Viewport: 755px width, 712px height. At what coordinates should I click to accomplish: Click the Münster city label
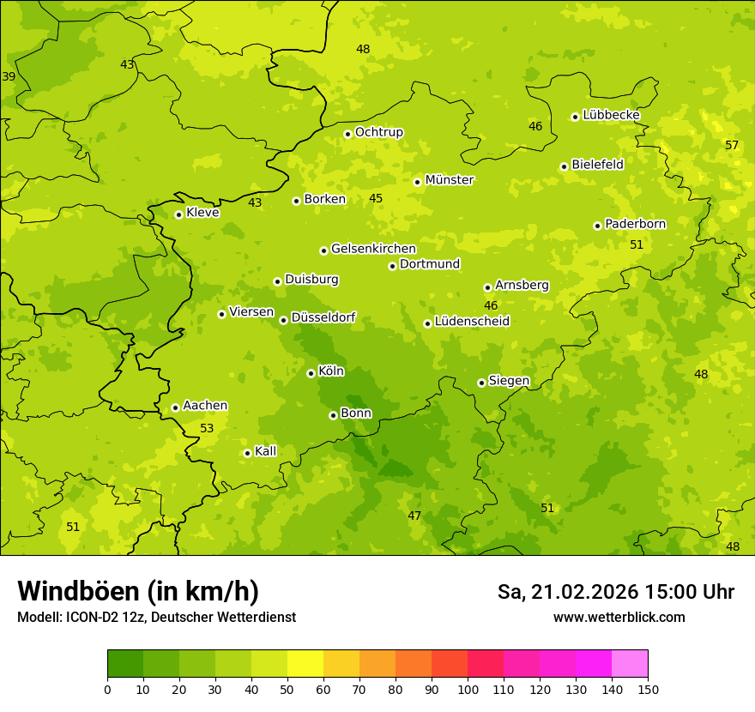(x=450, y=180)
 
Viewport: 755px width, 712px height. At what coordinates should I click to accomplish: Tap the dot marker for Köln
(x=311, y=373)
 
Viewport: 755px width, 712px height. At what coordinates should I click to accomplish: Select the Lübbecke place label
(x=611, y=115)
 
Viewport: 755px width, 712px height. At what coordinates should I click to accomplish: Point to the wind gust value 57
(x=732, y=145)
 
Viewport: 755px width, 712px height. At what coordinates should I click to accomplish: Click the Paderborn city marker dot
(x=597, y=226)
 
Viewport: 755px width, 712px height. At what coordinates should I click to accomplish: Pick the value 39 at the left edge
(x=9, y=76)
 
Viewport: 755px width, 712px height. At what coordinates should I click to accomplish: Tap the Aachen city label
(x=205, y=406)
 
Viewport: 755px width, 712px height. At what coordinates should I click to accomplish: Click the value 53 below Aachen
(x=207, y=428)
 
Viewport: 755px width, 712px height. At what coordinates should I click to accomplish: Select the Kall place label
(x=265, y=451)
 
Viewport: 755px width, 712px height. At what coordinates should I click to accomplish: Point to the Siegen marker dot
(x=481, y=383)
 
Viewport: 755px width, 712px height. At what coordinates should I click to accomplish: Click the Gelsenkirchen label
(x=373, y=249)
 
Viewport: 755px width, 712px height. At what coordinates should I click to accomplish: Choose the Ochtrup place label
(x=378, y=132)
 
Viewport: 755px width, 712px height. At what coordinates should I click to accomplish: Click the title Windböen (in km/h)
(x=138, y=591)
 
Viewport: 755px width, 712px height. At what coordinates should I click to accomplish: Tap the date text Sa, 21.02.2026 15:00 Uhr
(x=615, y=592)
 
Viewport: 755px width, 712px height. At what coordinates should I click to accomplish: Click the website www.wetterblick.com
(x=619, y=617)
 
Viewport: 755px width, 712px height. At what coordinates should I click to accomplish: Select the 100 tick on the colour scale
(x=468, y=688)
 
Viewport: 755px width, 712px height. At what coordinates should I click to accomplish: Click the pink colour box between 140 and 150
(x=630, y=664)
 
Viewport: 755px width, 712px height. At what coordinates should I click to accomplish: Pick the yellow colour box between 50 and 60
(x=305, y=664)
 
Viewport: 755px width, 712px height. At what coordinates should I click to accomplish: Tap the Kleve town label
(x=202, y=213)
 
